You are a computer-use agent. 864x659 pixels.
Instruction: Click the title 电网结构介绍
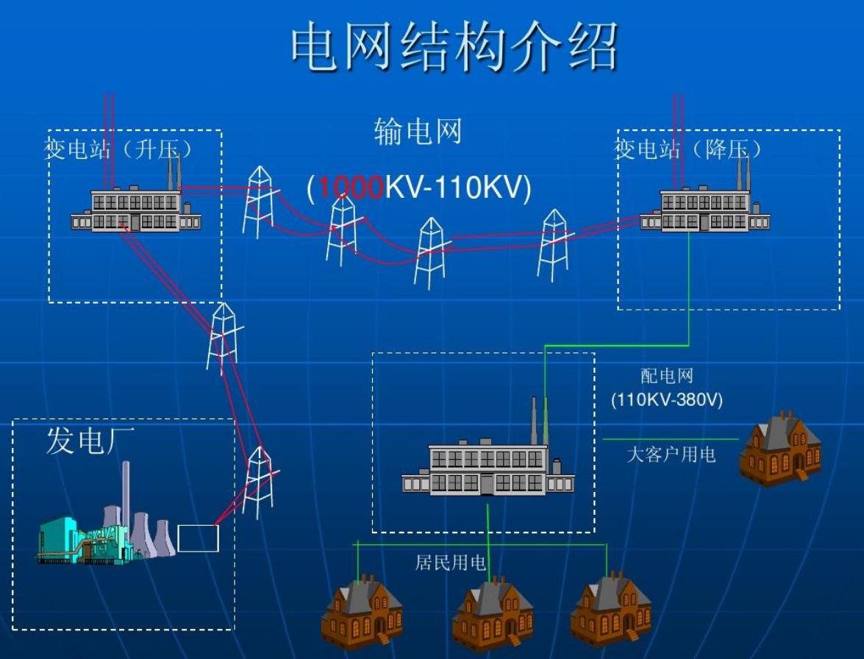pyautogui.click(x=454, y=47)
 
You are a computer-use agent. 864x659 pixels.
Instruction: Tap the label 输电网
pyautogui.click(x=418, y=132)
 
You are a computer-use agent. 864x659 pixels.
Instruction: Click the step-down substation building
pyautogui.click(x=704, y=209)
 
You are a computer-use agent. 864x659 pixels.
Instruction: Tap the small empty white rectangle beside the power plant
pyautogui.click(x=198, y=538)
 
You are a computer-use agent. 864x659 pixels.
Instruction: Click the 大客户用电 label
pyautogui.click(x=671, y=455)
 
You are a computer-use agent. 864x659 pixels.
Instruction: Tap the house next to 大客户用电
pyautogui.click(x=780, y=449)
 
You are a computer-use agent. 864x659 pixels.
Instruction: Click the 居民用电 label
pyautogui.click(x=451, y=563)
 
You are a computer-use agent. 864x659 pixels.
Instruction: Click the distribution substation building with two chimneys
pyautogui.click(x=488, y=468)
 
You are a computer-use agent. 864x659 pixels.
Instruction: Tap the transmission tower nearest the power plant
pyautogui.click(x=258, y=482)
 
